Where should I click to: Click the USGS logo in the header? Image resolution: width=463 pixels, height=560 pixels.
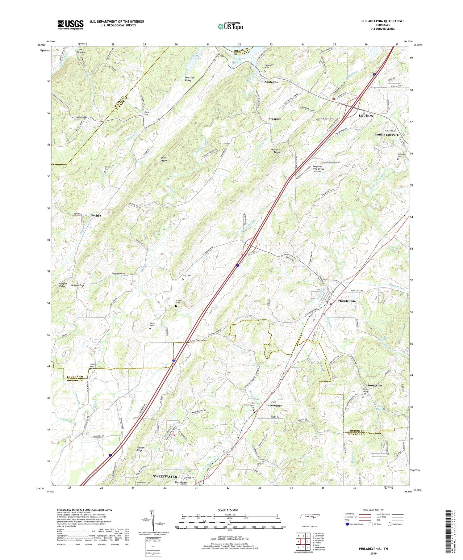70,25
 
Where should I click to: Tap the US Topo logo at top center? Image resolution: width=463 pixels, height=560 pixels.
230,26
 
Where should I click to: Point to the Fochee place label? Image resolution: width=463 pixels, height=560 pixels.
96,215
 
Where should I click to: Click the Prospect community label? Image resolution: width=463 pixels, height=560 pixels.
274,119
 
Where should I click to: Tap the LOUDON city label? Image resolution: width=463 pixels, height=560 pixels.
366,116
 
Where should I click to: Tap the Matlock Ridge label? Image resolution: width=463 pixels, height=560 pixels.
275,151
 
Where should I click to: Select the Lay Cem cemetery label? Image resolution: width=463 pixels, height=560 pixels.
187,276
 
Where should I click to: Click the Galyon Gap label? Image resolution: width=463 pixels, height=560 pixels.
77,285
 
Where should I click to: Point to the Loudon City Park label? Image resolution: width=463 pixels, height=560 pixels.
386,135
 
